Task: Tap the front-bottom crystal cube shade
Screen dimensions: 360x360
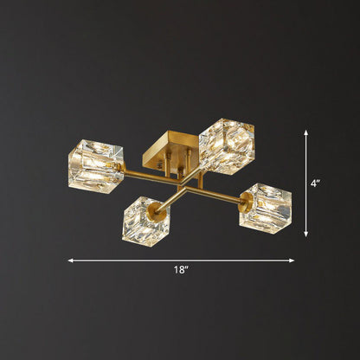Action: (x=145, y=218)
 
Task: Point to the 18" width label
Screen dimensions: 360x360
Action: (x=180, y=270)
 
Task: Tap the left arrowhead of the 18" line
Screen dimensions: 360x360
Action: (x=71, y=260)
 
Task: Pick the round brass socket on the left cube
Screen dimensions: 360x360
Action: (x=120, y=165)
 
